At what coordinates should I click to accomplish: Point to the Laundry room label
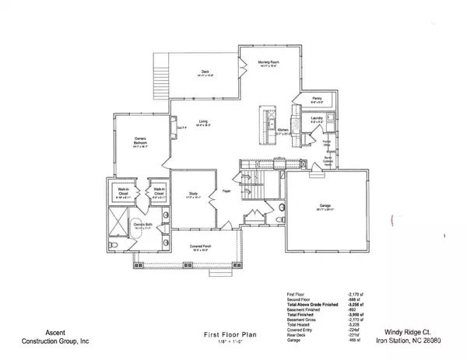click(x=317, y=117)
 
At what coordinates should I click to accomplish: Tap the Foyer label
click(x=227, y=190)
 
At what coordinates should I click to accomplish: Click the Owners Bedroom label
click(x=140, y=141)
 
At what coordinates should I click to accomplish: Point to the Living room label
click(x=203, y=122)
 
